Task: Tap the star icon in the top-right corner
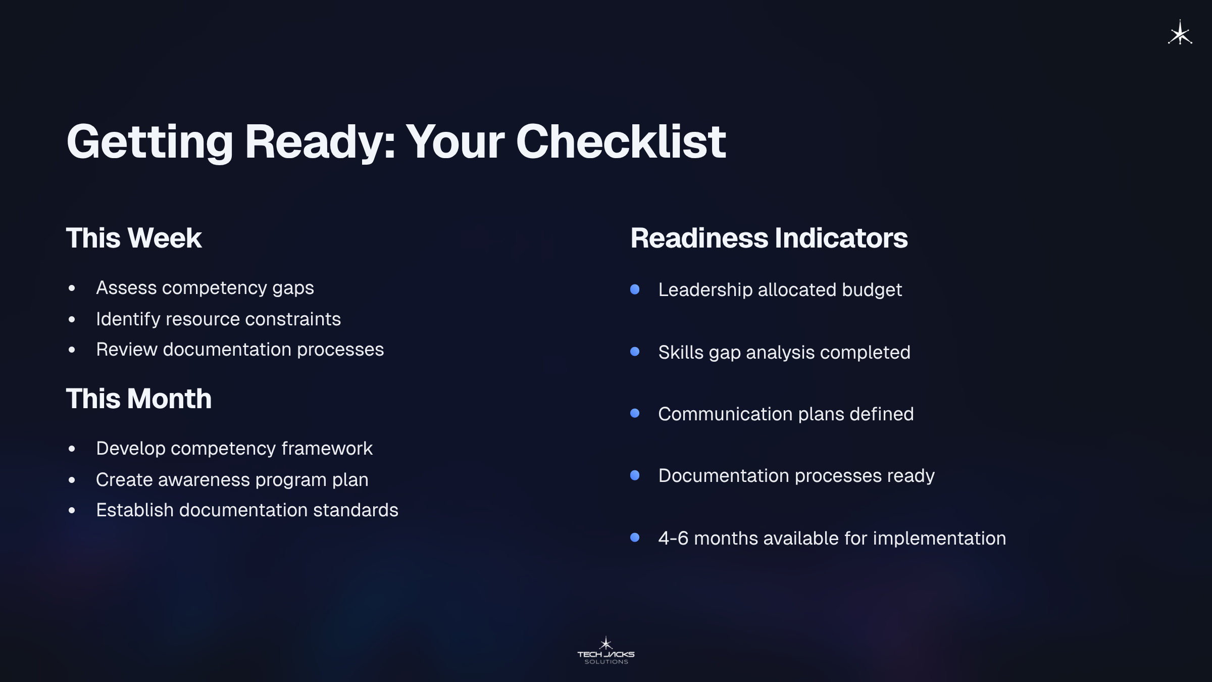(1180, 33)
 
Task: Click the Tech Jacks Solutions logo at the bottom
(606, 651)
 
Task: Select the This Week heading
(134, 238)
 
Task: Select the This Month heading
(139, 399)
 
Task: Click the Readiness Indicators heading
(769, 238)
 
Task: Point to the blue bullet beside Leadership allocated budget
(635, 289)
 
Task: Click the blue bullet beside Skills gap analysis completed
(635, 352)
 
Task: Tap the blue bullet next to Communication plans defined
(635, 413)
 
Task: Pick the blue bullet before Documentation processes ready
(635, 475)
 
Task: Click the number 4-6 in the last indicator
(673, 539)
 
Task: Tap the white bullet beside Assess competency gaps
(72, 288)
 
